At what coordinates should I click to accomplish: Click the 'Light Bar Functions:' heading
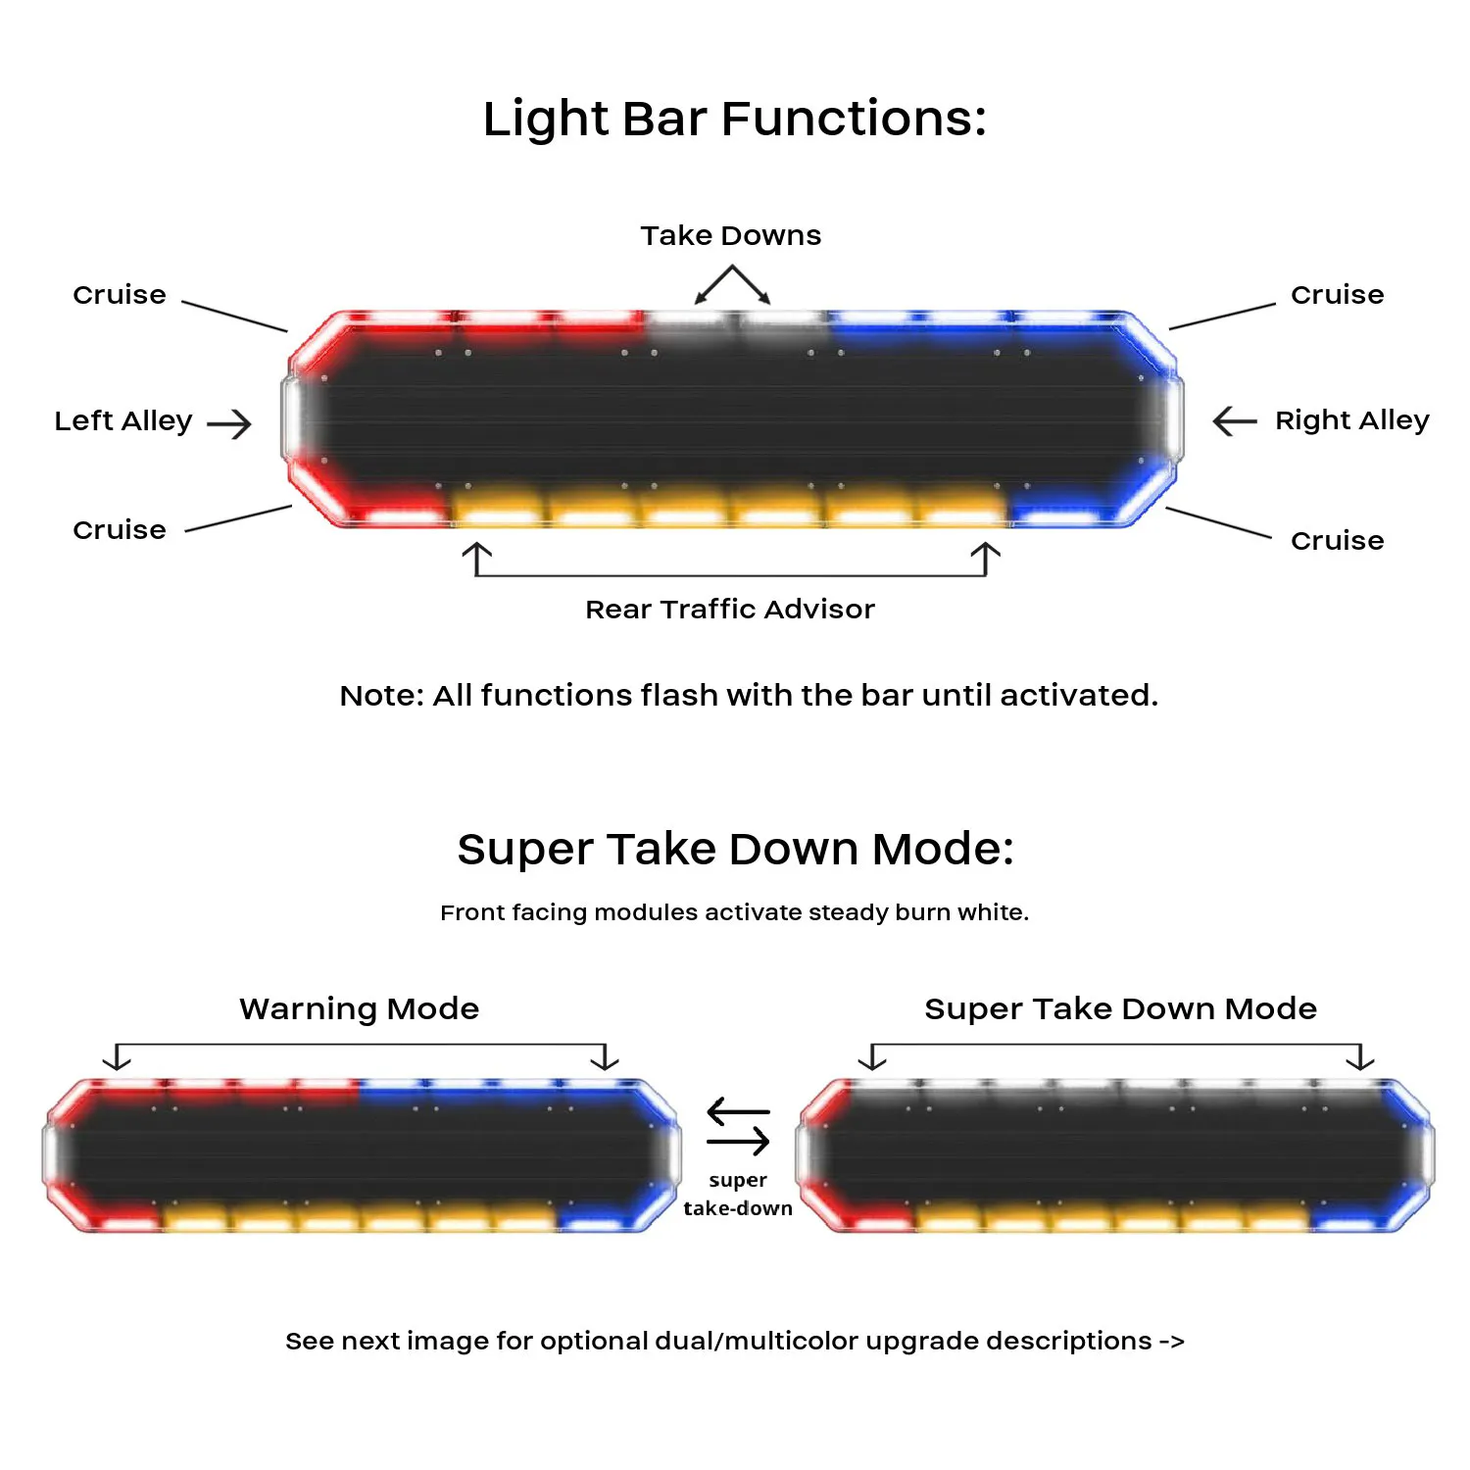[x=734, y=119]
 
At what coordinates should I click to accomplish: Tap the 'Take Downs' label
[x=731, y=235]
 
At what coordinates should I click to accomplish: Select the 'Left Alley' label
[x=123, y=420]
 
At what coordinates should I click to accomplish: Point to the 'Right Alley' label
[x=1351, y=420]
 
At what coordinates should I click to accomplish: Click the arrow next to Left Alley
[x=229, y=423]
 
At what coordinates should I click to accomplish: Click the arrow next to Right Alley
[x=1235, y=421]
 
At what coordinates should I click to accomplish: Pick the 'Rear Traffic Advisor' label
[x=730, y=609]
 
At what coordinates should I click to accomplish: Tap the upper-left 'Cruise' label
[x=120, y=294]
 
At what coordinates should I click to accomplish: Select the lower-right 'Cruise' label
[x=1337, y=540]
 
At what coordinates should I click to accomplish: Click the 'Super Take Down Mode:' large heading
[x=735, y=849]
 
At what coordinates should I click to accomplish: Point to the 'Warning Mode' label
[x=360, y=1008]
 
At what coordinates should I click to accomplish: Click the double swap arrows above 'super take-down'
[x=738, y=1127]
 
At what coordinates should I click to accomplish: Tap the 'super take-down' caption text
[x=738, y=1194]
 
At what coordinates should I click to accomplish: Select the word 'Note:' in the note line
[x=381, y=695]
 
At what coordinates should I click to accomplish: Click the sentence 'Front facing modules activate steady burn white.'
[x=734, y=912]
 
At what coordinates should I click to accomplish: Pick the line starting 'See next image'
[x=734, y=1341]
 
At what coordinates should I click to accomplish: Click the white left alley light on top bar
[x=292, y=419]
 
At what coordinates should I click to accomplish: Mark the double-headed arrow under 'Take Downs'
[x=732, y=284]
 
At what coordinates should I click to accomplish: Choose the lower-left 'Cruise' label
[x=120, y=529]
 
